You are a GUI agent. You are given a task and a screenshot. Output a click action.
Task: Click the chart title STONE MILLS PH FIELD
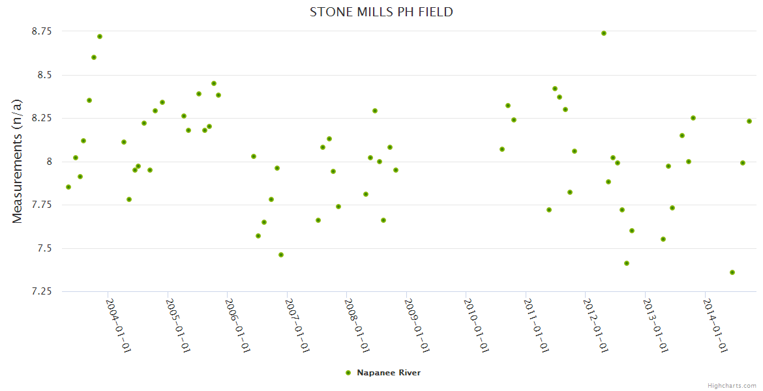[381, 12]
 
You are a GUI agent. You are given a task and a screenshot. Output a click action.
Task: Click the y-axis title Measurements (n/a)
[18, 162]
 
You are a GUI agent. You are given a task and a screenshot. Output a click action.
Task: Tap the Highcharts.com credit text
[732, 385]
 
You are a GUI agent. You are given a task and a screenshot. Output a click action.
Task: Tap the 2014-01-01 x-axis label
[715, 325]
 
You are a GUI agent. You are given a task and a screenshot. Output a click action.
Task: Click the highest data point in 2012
[604, 33]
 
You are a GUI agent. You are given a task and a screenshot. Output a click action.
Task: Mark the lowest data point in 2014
[732, 272]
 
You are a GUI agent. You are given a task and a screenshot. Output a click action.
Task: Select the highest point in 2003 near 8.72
[100, 36]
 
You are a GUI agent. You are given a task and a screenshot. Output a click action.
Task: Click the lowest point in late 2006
[281, 255]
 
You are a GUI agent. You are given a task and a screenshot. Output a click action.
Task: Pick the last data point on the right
[749, 121]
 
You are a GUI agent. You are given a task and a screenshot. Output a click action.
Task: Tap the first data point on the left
[68, 187]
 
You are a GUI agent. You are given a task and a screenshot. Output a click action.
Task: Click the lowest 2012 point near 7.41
[627, 263]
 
